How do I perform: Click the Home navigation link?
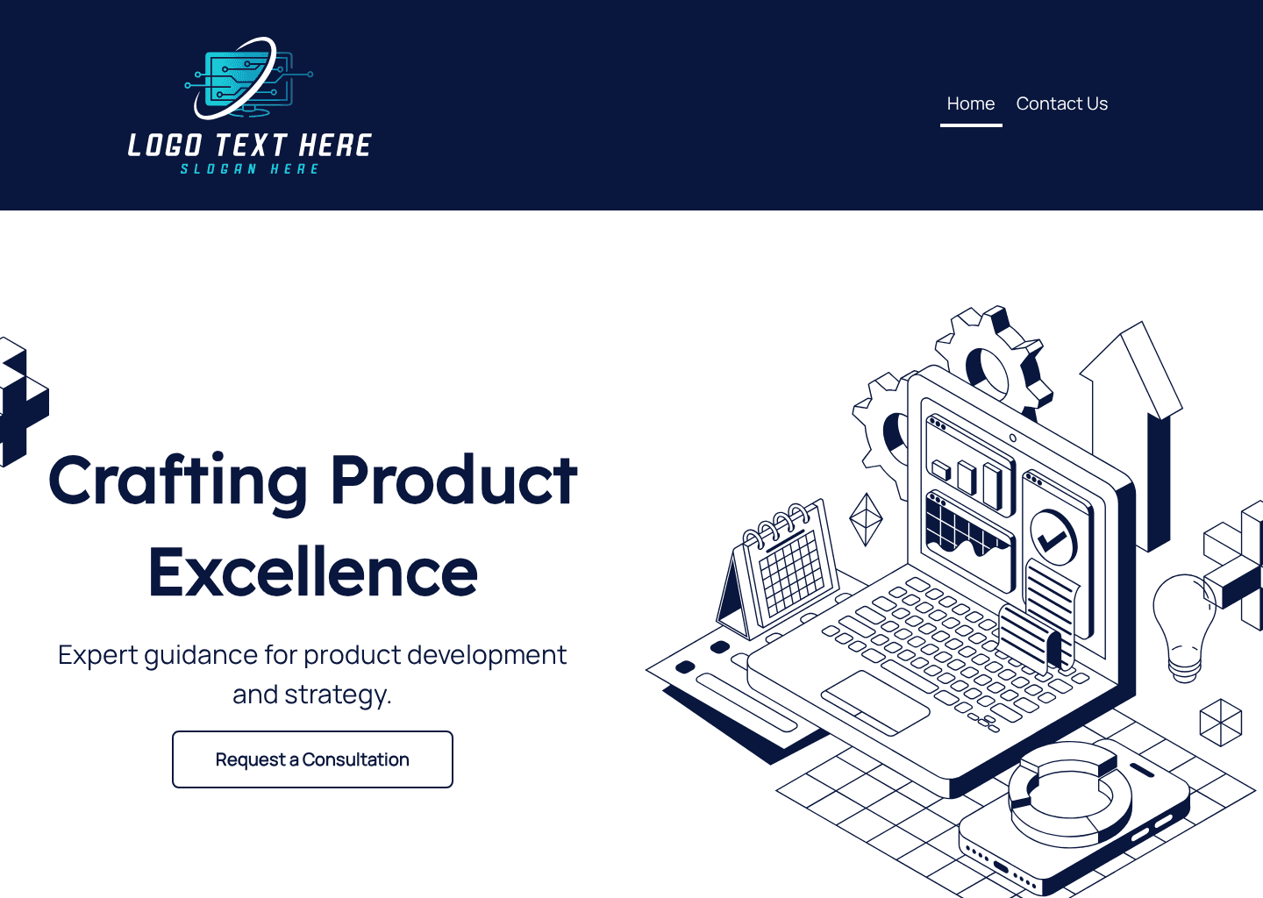[x=970, y=103]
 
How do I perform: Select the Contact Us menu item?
[x=1061, y=103]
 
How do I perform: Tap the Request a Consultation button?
[x=312, y=759]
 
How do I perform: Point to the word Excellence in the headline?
[x=313, y=573]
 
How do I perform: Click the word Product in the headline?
[x=453, y=481]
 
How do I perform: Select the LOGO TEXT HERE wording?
[x=250, y=146]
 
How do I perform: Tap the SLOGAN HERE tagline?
[x=250, y=169]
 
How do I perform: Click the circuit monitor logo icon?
[x=248, y=79]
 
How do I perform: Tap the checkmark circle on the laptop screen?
[x=1052, y=538]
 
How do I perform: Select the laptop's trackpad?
[x=874, y=702]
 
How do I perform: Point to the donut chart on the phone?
[x=1070, y=794]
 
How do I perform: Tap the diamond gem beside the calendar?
[x=866, y=519]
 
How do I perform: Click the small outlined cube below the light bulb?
[x=1220, y=722]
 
